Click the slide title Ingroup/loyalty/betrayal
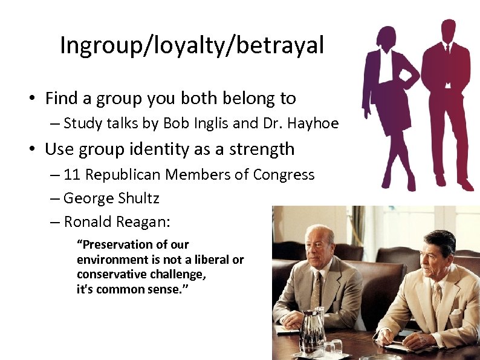(192, 45)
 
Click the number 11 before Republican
(72, 175)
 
